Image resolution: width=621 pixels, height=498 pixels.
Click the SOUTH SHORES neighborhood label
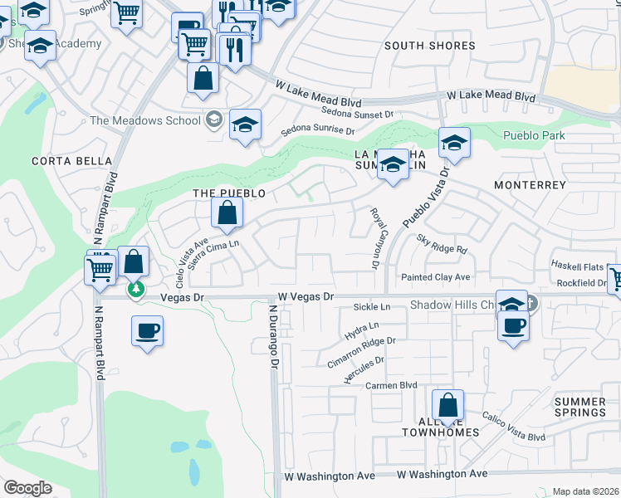point(430,46)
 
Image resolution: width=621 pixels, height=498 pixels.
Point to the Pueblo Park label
point(534,135)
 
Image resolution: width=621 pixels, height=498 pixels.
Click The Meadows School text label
point(145,120)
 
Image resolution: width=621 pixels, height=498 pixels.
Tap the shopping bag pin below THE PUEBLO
point(227,213)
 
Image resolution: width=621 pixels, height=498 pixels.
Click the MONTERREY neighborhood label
point(530,184)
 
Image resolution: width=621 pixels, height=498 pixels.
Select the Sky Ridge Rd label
point(443,243)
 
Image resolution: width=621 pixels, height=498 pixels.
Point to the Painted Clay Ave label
point(435,277)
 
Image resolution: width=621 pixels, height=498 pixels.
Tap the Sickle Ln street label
point(372,307)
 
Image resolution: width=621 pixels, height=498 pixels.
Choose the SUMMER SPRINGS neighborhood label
point(580,407)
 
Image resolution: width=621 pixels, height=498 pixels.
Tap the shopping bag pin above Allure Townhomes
point(447,407)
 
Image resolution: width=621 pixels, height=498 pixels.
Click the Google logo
point(27,488)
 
